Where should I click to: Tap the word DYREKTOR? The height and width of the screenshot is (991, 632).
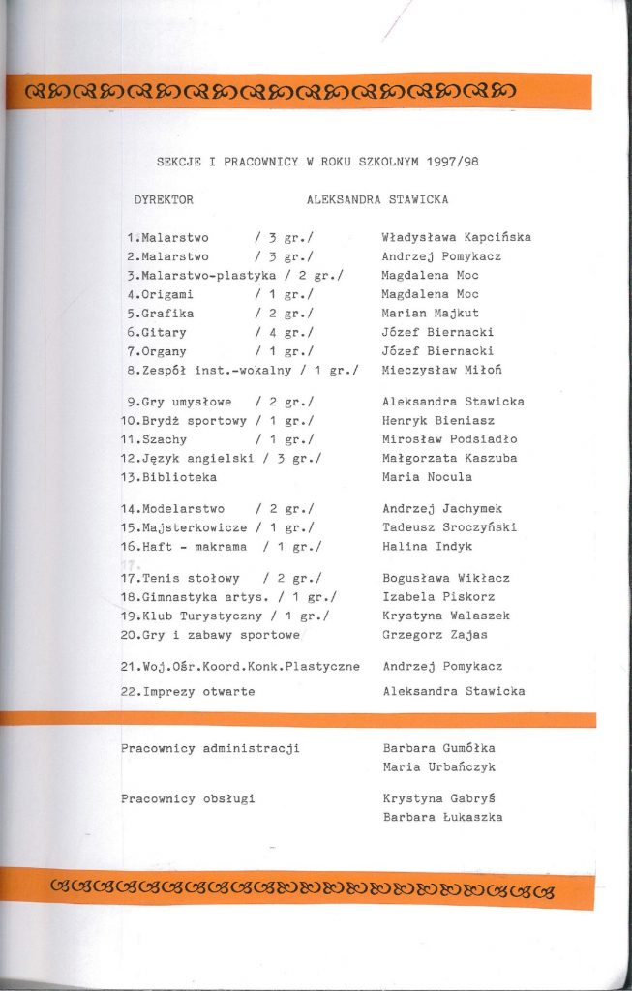pyautogui.click(x=165, y=200)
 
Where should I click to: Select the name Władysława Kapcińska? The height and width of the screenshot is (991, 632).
pyautogui.click(x=456, y=238)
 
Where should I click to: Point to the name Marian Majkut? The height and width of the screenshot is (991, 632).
pyautogui.click(x=430, y=314)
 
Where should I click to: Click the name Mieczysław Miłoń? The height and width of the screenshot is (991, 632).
pyautogui.click(x=441, y=371)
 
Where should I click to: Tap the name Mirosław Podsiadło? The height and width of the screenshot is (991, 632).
pyautogui.click(x=450, y=439)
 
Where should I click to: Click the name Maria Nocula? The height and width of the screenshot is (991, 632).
pyautogui.click(x=424, y=477)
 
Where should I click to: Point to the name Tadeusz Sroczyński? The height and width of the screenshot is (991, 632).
pyautogui.click(x=449, y=527)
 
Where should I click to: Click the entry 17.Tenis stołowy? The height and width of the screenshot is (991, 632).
pyautogui.click(x=180, y=579)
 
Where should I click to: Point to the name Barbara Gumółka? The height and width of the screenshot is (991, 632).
pyautogui.click(x=438, y=748)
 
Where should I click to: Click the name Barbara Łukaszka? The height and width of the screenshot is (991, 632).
pyautogui.click(x=442, y=817)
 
